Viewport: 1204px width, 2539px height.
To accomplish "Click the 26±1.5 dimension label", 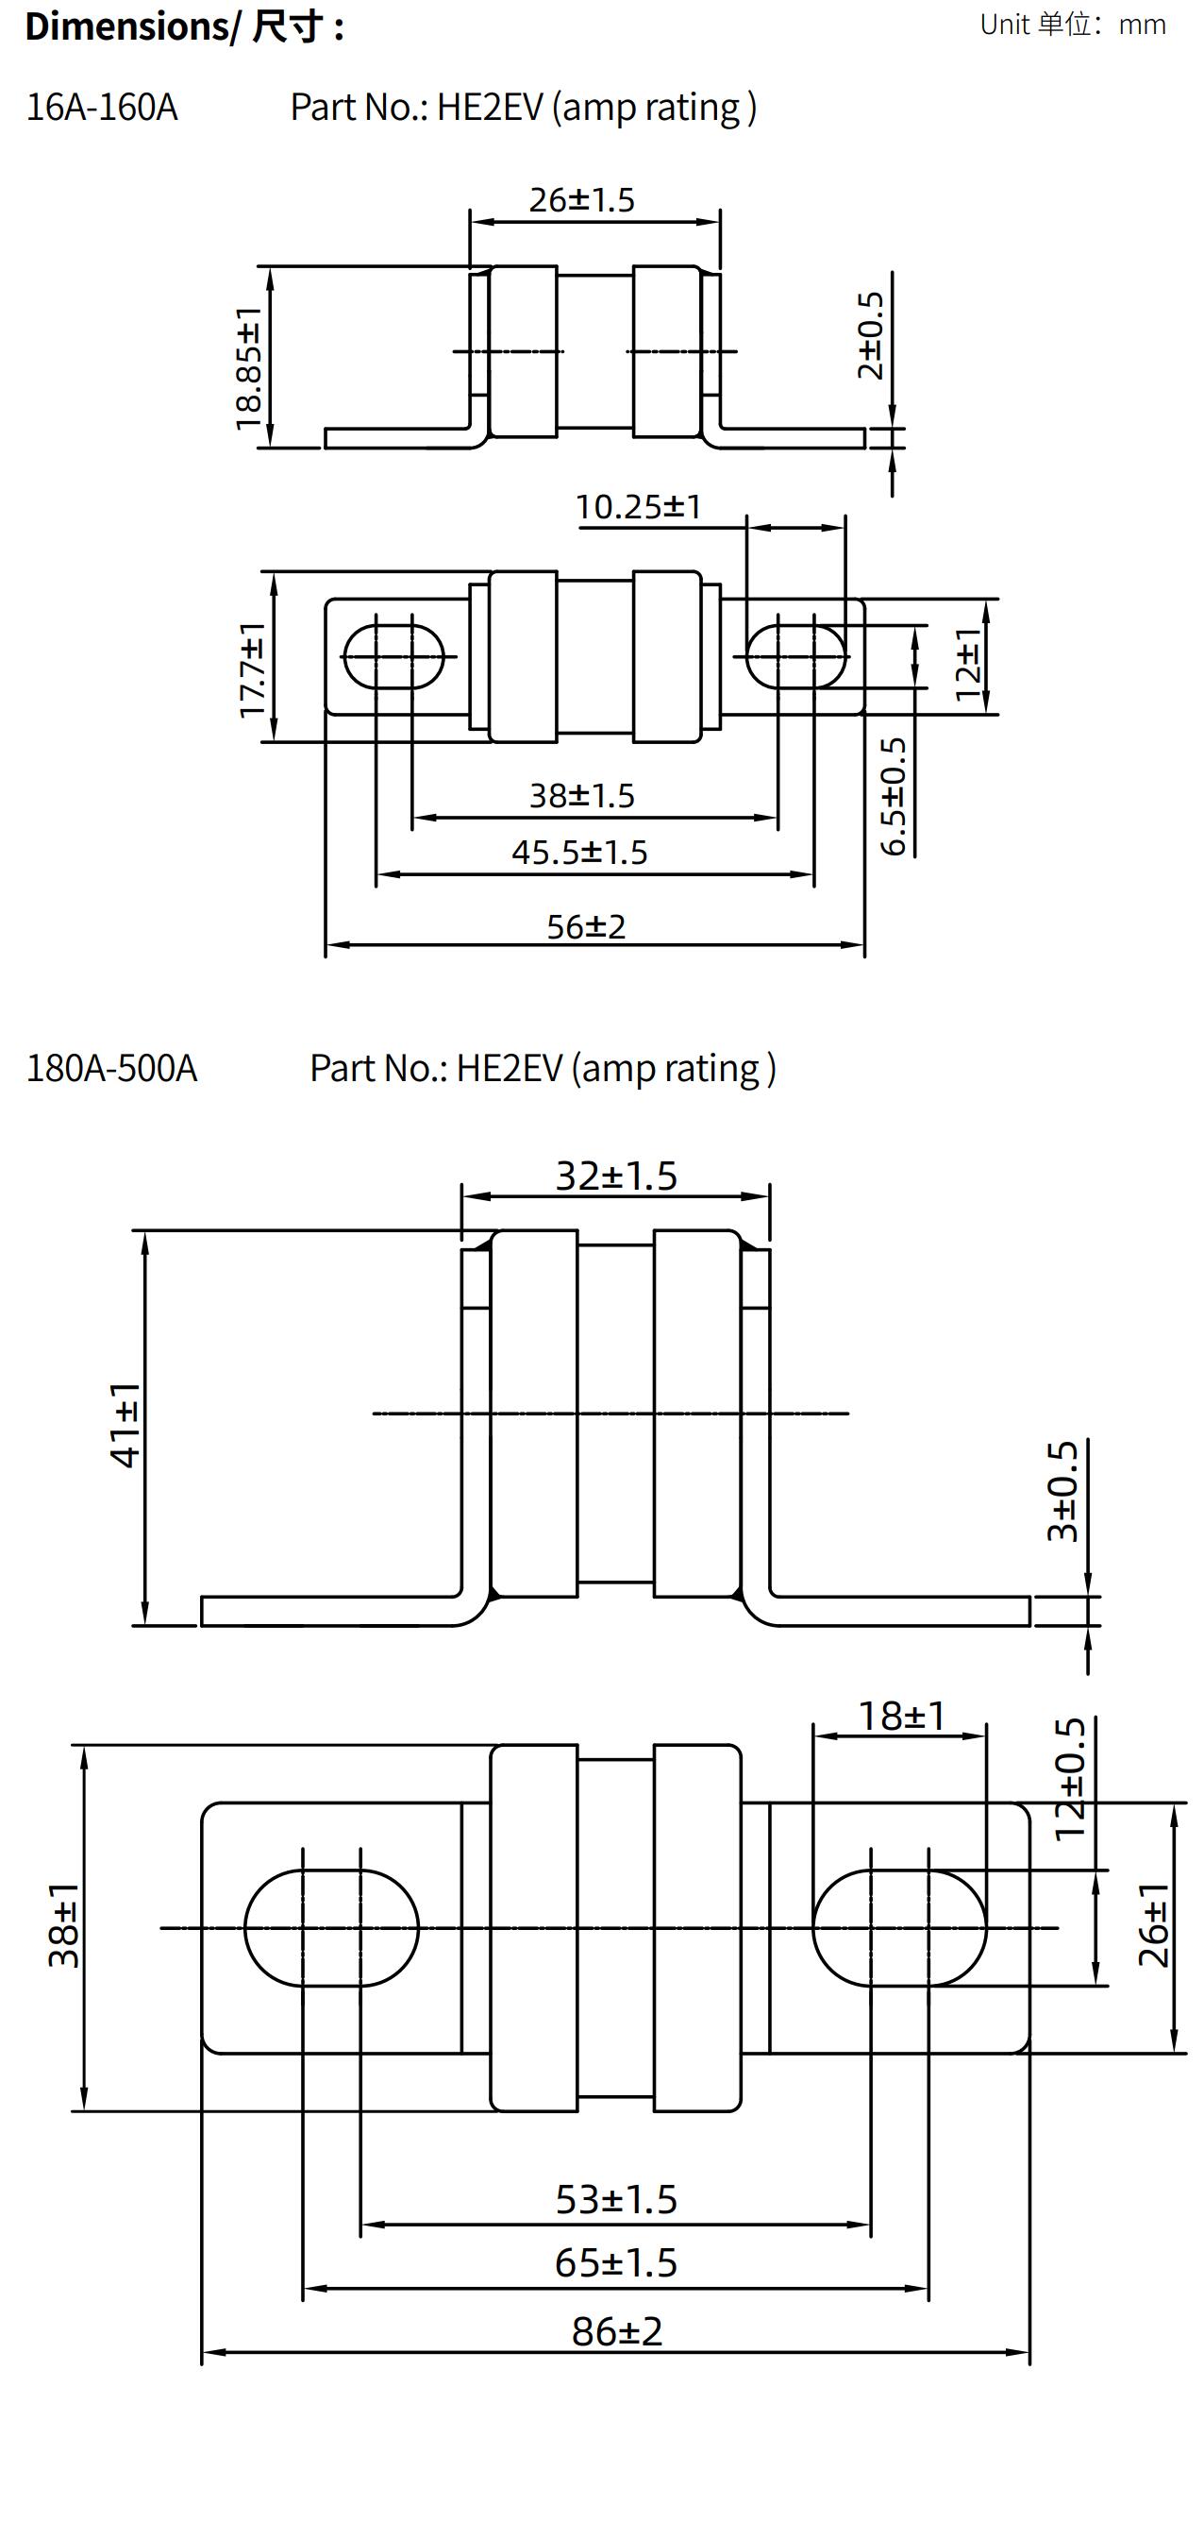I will [x=581, y=200].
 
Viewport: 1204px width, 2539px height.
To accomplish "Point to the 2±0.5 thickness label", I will [x=870, y=335].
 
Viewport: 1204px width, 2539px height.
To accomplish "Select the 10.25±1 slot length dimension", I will [x=638, y=508].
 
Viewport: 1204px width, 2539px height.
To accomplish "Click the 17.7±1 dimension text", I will [x=252, y=670].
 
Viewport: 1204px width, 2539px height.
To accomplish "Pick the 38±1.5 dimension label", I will [x=581, y=795].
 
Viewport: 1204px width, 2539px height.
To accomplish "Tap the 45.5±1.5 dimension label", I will [x=579, y=853].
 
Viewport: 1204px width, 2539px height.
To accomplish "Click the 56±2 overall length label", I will [x=586, y=926].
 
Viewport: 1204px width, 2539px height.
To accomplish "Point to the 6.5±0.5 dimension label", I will [x=893, y=796].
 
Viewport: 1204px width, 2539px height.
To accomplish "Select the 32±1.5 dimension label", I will [x=616, y=1176].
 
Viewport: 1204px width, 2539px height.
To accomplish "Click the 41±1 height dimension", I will [x=125, y=1425].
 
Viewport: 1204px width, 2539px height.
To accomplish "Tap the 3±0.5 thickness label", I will [x=1063, y=1492].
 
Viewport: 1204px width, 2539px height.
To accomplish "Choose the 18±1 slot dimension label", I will [x=901, y=1716].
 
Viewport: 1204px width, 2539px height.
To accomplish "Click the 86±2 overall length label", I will [x=617, y=2331].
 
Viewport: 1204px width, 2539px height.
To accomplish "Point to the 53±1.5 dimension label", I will [x=616, y=2199].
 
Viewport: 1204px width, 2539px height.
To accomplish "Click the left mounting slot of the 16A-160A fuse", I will [x=393, y=655].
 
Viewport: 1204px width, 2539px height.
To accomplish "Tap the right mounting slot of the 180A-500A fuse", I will [x=898, y=1928].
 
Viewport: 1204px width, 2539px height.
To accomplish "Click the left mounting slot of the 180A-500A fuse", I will [x=331, y=1928].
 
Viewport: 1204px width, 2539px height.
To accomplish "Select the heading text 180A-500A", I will [x=111, y=1069].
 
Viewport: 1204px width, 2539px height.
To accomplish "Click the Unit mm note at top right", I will [x=1072, y=25].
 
